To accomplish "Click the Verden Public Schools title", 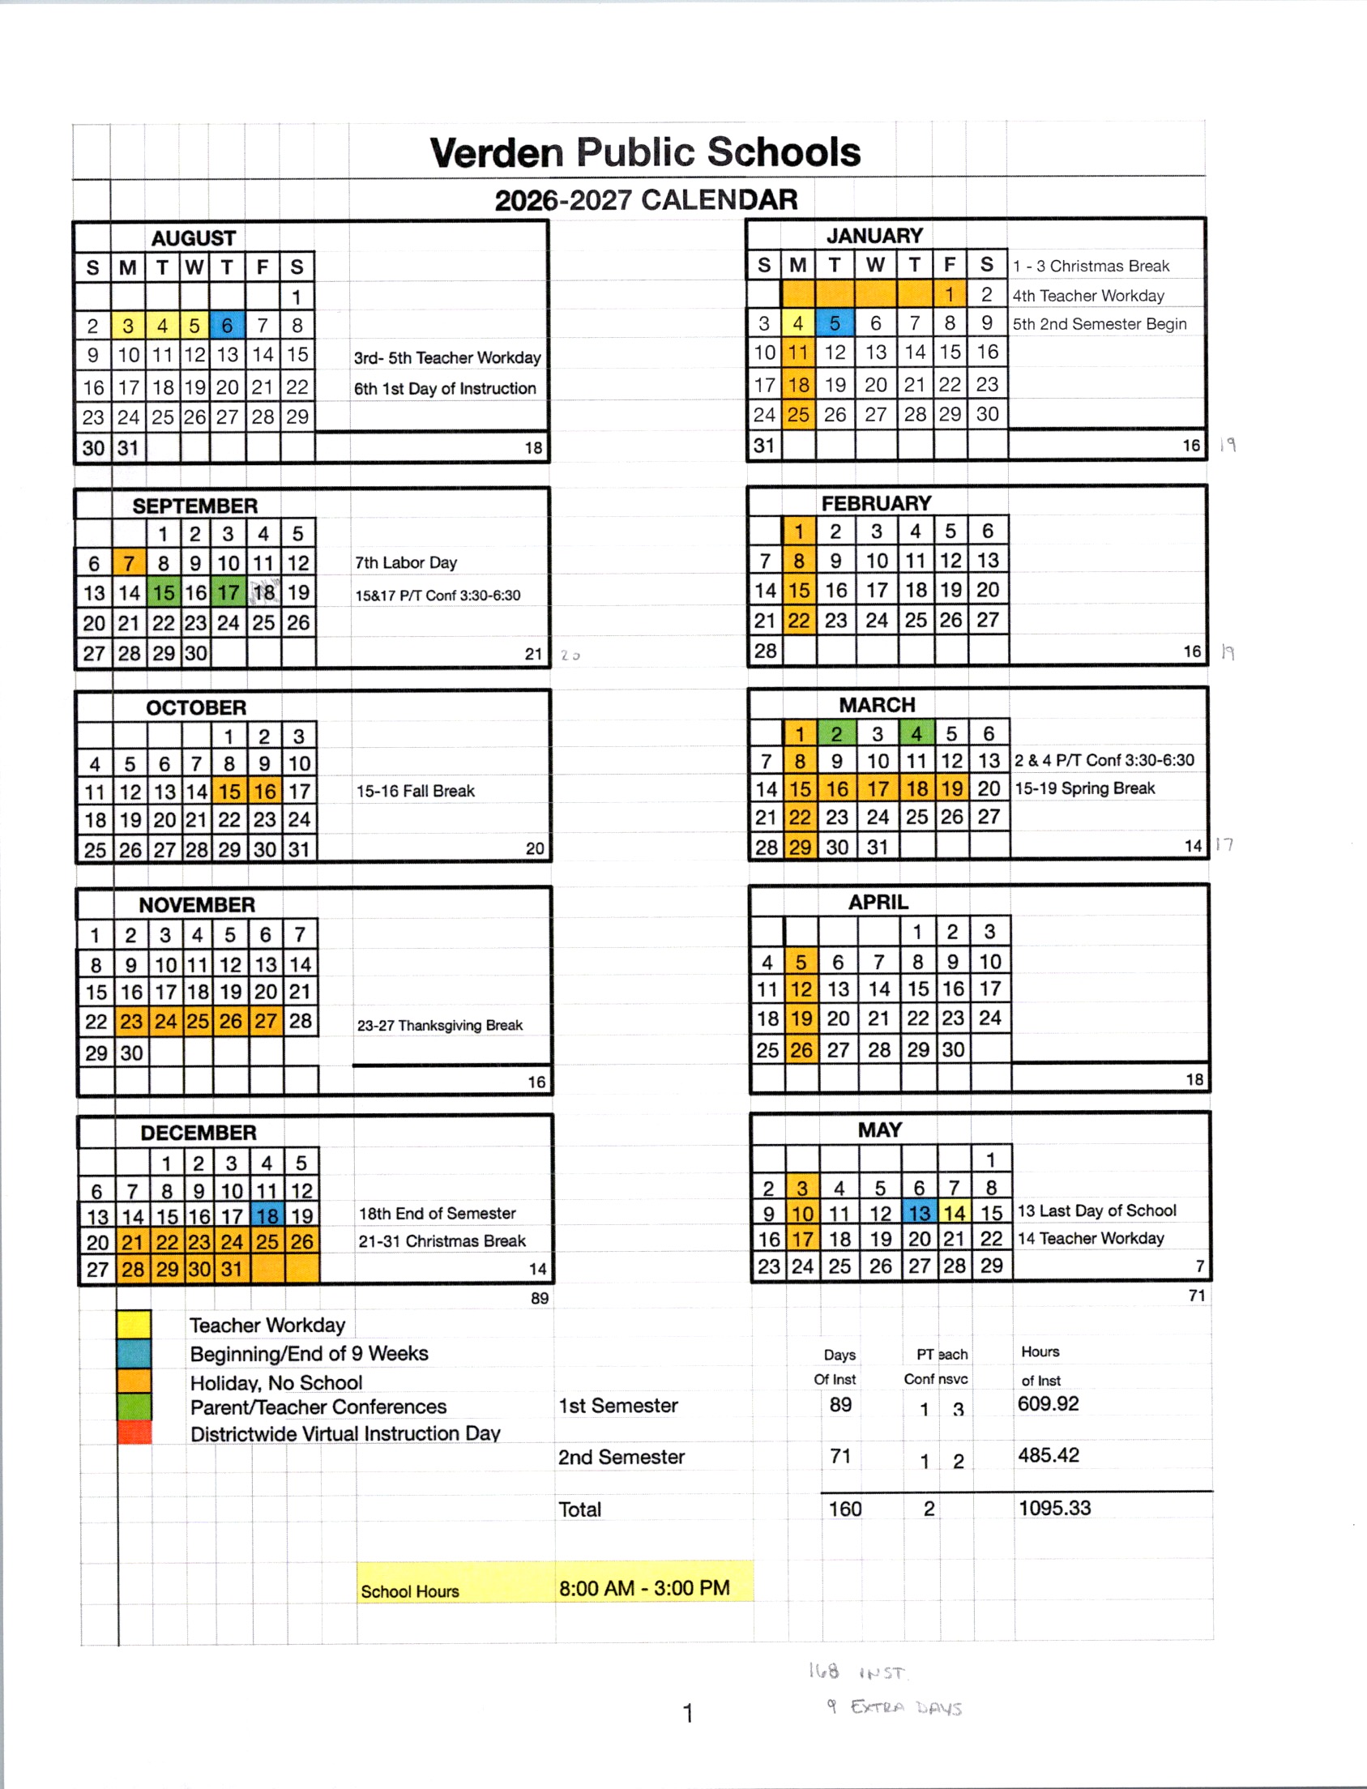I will (645, 152).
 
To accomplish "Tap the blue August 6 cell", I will (226, 326).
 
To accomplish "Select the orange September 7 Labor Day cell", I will (129, 563).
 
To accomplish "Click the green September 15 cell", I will (164, 593).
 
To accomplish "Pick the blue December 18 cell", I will (267, 1216).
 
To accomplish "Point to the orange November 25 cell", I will (198, 1021).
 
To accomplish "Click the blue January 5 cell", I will (835, 323).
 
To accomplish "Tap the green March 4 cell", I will (916, 734).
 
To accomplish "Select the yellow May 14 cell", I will (955, 1213).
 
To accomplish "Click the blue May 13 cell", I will (920, 1213).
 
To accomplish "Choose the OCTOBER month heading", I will (196, 708).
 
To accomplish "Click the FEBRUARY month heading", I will (876, 504).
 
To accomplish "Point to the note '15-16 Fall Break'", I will (415, 791).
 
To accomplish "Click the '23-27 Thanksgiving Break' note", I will (439, 1025).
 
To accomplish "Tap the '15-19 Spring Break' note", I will (1085, 788).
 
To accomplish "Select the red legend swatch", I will (135, 1432).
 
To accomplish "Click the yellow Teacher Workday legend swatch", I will (135, 1324).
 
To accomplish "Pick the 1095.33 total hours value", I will (1054, 1508).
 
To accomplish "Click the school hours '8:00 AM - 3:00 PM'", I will (644, 1587).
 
